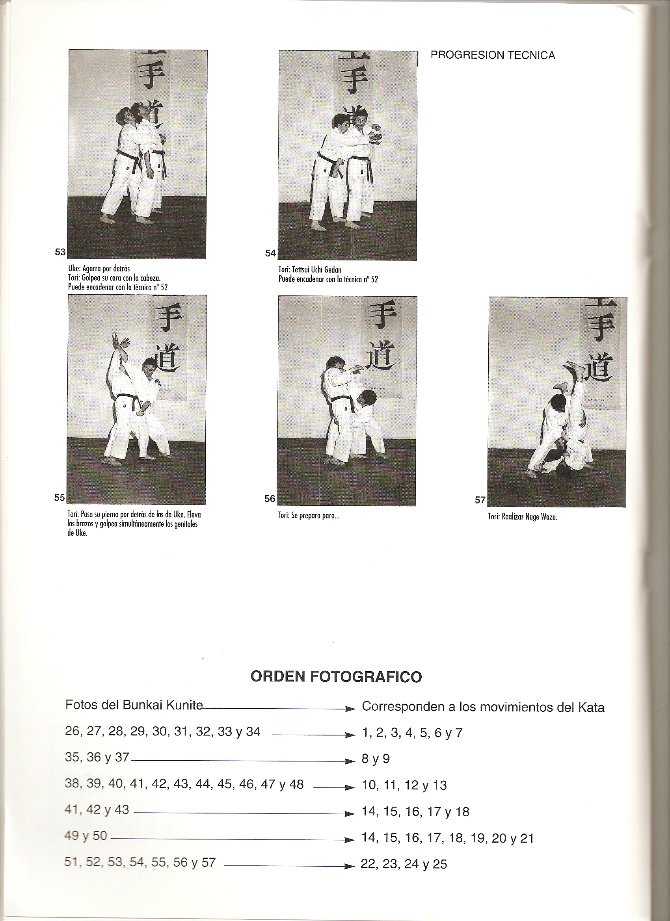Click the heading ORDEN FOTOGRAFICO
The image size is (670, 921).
coord(337,676)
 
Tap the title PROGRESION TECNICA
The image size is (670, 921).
coord(492,56)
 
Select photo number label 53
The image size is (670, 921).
coord(60,252)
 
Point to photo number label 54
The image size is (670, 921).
coord(270,253)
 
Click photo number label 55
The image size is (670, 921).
coord(60,498)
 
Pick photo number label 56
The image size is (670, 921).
coord(270,499)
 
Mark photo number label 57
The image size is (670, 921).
coord(480,500)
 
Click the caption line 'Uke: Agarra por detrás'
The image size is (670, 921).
coord(99,269)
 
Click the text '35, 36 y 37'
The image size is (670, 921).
coord(97,757)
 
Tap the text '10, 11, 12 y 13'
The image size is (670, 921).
coord(404,785)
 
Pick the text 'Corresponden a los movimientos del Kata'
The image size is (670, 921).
coord(483,707)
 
